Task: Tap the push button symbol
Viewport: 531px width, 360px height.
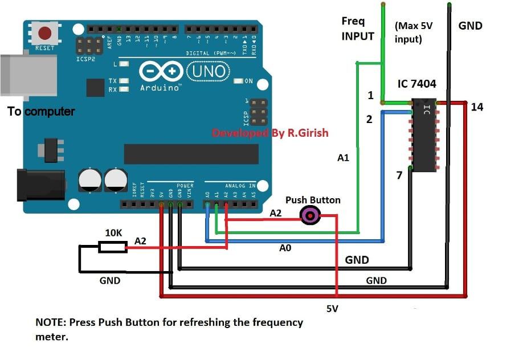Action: coord(311,215)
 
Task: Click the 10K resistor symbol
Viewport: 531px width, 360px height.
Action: coord(112,247)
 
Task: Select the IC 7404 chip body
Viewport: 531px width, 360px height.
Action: coord(424,135)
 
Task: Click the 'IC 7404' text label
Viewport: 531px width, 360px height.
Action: coord(416,84)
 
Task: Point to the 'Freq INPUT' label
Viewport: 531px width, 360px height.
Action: coord(358,28)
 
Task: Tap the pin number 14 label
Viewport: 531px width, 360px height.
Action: coord(477,107)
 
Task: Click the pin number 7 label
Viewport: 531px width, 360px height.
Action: coord(400,175)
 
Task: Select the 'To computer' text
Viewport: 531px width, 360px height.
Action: coord(41,111)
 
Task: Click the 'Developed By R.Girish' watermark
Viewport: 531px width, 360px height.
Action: coord(270,133)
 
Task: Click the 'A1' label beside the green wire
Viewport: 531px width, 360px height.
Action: coord(343,158)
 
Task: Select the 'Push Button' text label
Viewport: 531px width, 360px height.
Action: coord(313,200)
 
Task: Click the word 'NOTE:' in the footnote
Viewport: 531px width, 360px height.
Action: coord(51,322)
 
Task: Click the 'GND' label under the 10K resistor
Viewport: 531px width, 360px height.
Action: coord(110,280)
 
